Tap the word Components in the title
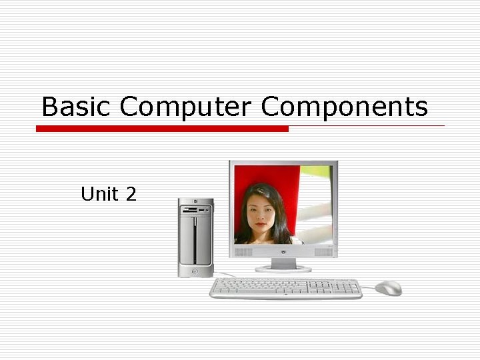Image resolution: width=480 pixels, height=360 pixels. (344, 107)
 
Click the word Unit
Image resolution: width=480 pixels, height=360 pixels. (99, 194)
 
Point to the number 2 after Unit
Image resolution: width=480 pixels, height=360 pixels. (130, 194)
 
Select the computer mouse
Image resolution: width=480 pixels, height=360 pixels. (388, 287)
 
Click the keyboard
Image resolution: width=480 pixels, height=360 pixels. (285, 288)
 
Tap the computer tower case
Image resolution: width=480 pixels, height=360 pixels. (195, 240)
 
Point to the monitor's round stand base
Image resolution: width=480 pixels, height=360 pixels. (283, 268)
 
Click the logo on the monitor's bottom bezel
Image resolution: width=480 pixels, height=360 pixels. (283, 252)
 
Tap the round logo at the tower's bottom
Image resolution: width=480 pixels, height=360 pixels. (195, 271)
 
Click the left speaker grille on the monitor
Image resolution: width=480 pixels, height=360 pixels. (243, 252)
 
